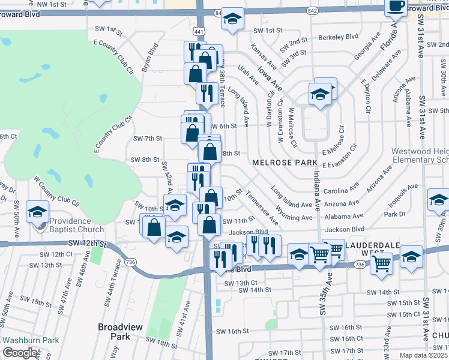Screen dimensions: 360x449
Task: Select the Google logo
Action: [x=20, y=353]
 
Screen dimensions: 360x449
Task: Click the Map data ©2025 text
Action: [x=424, y=355]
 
